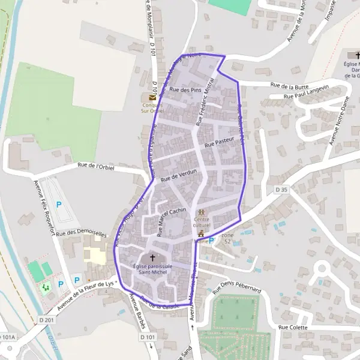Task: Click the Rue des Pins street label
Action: coord(185,89)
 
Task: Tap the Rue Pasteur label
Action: coord(218,142)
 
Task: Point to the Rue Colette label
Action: coord(293,328)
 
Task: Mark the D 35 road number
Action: coord(281,189)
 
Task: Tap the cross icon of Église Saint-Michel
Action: coord(144,257)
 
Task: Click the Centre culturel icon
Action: coord(202,212)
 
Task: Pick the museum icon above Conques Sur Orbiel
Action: coord(152,97)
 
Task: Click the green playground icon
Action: coord(46,287)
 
